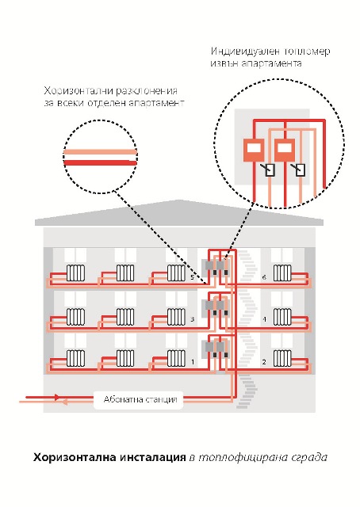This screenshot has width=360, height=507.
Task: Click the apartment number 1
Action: click(x=193, y=361)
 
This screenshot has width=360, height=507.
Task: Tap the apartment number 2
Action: click(x=264, y=361)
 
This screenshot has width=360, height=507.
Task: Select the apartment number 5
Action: click(x=192, y=277)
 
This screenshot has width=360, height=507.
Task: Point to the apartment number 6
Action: click(x=264, y=277)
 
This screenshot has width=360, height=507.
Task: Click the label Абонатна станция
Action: click(x=140, y=399)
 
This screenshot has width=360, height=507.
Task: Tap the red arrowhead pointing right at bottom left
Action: click(x=57, y=397)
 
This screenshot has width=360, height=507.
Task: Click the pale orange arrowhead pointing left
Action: click(x=64, y=402)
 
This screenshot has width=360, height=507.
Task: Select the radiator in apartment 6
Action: click(x=282, y=273)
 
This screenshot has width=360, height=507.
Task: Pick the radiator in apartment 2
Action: click(x=282, y=358)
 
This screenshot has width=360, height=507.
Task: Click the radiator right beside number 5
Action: click(x=177, y=273)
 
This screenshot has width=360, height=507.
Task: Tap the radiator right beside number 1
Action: click(x=177, y=358)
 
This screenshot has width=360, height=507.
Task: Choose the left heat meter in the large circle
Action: click(x=254, y=150)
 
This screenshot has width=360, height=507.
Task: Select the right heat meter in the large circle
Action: click(x=285, y=150)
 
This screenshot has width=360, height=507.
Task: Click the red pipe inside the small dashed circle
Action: click(x=101, y=162)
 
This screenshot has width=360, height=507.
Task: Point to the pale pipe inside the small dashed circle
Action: click(x=101, y=152)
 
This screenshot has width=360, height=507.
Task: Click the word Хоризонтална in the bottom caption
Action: click(x=75, y=458)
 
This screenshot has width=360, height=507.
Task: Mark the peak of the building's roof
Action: click(x=178, y=200)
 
